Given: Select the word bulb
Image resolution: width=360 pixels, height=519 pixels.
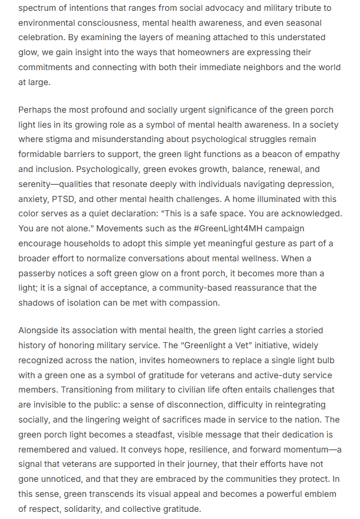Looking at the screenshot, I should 325,360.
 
